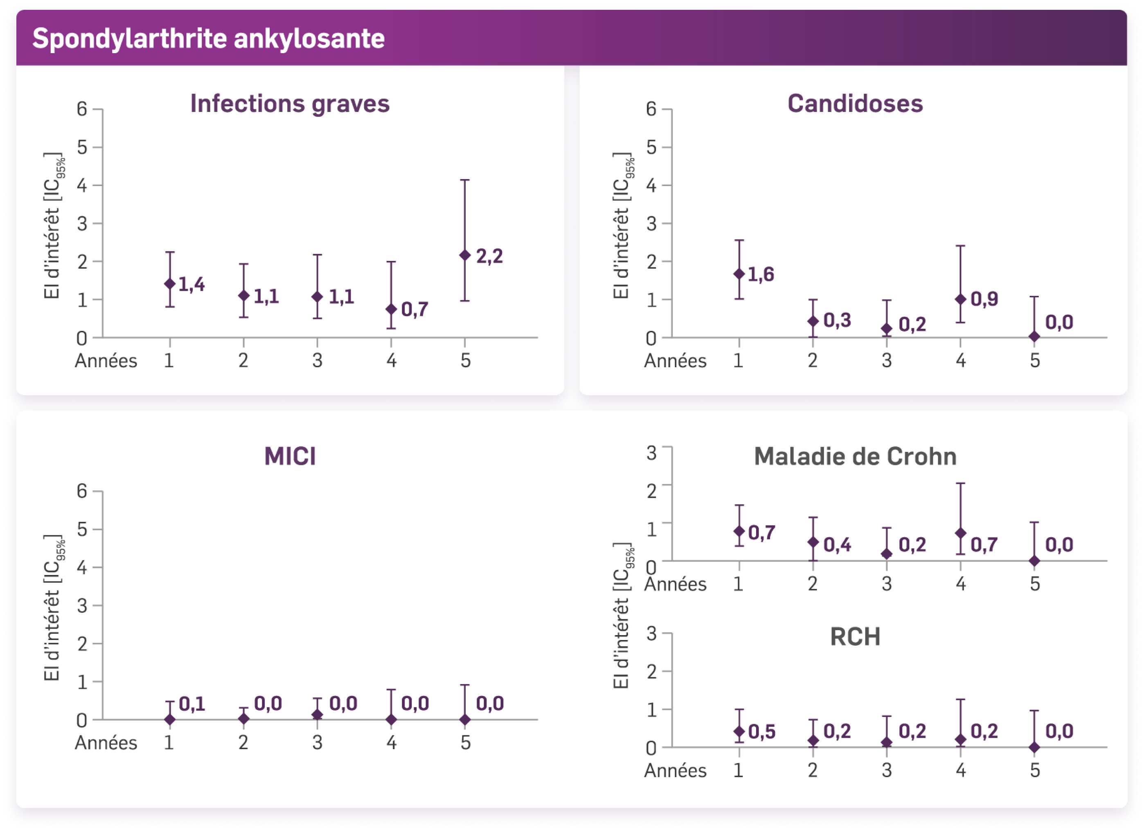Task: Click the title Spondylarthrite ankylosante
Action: [x=208, y=38]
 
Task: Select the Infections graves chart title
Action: [x=290, y=104]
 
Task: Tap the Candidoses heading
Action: [x=855, y=104]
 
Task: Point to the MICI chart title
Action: [x=290, y=456]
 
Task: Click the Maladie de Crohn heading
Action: [x=855, y=456]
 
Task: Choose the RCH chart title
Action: [x=855, y=637]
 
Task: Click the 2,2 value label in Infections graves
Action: [x=489, y=256]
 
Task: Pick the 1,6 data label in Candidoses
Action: [x=761, y=274]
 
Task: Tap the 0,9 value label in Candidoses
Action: [x=984, y=299]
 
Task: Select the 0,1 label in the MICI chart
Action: [x=192, y=704]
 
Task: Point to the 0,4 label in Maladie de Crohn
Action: [x=837, y=545]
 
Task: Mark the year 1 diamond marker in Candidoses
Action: [x=739, y=274]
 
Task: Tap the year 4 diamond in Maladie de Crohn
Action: [x=960, y=534]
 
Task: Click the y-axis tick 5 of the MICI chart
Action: [x=82, y=530]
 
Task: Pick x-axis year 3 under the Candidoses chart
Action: [x=887, y=361]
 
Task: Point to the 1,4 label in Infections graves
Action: [x=191, y=284]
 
